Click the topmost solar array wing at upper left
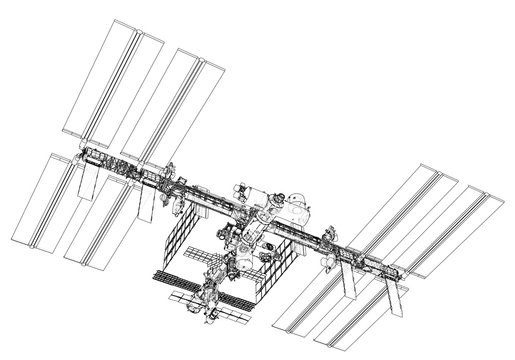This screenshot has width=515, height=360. click(x=111, y=80)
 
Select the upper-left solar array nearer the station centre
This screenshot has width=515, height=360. click(x=184, y=106)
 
